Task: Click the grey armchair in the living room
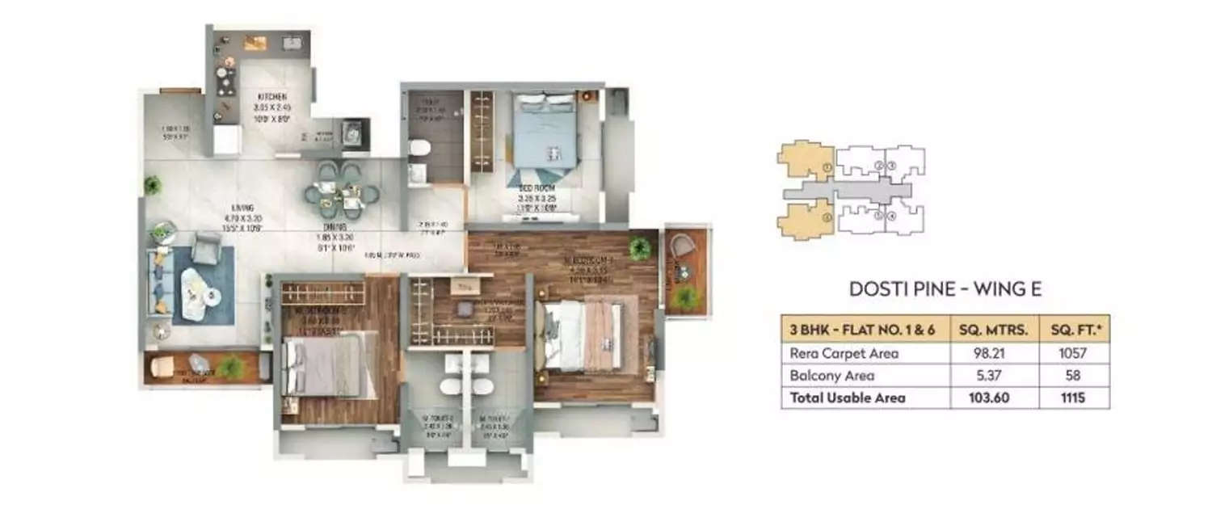208,248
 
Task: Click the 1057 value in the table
1074,353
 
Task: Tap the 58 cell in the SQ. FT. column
1074,376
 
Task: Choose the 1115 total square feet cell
1074,398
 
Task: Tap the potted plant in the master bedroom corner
641,248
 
